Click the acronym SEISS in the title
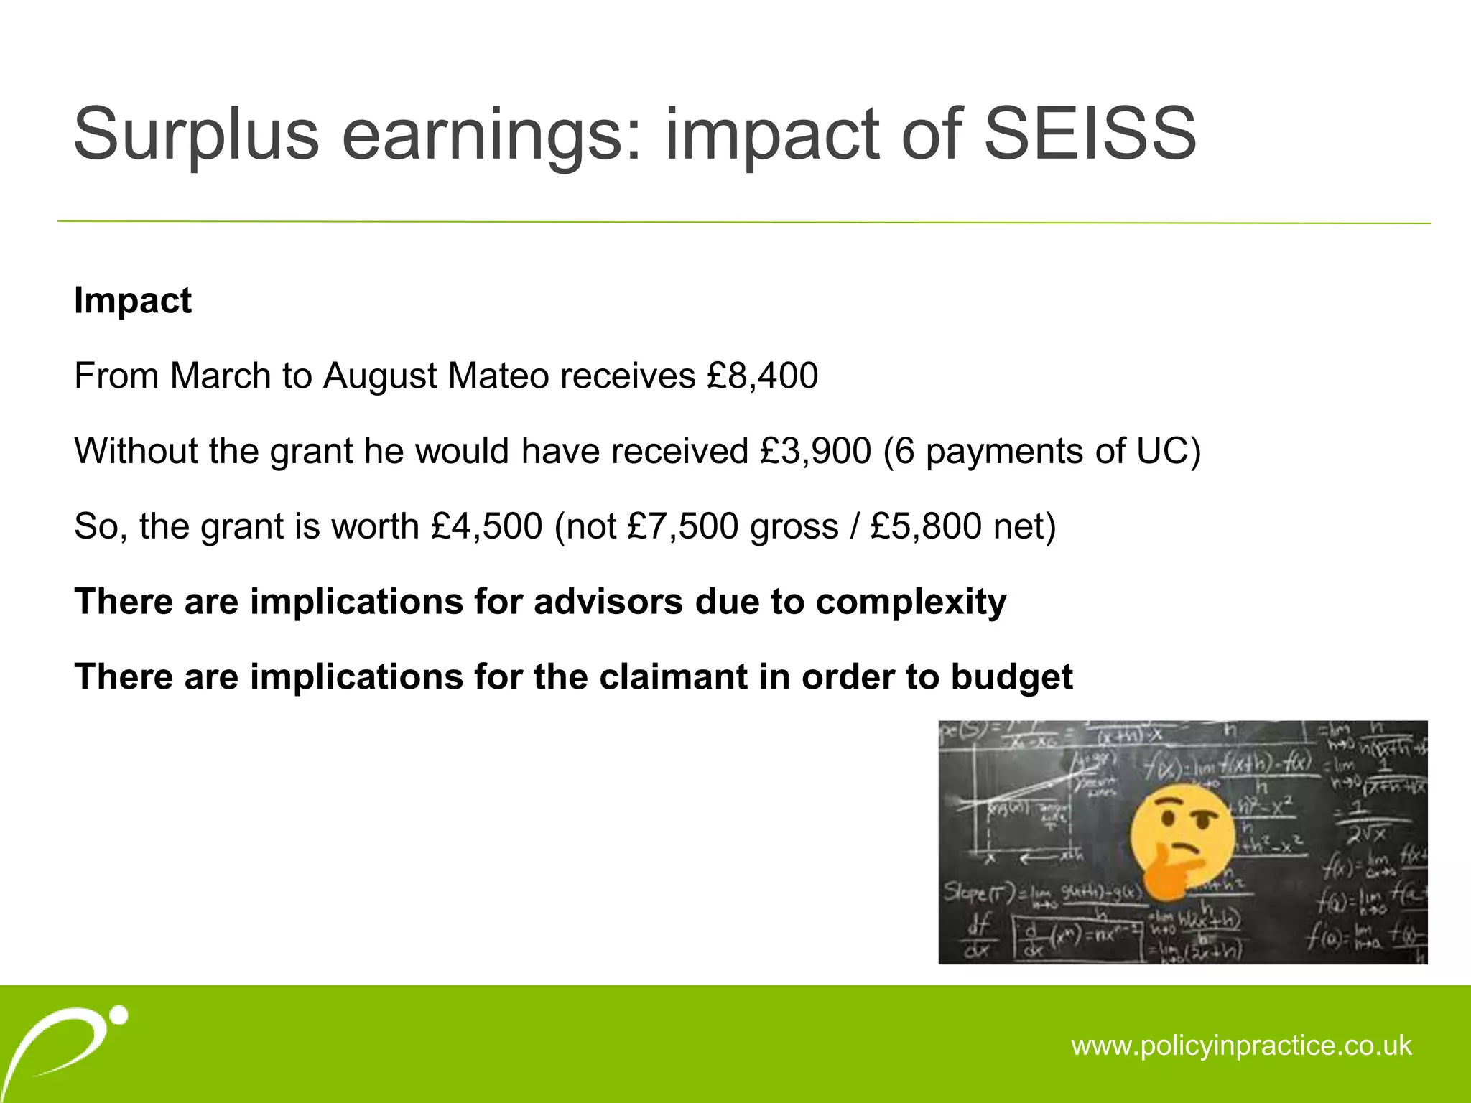(1089, 134)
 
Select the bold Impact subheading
(133, 300)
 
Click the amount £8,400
(763, 376)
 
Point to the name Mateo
(498, 376)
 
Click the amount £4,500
(487, 526)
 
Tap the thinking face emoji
(1182, 837)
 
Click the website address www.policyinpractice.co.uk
(1241, 1046)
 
